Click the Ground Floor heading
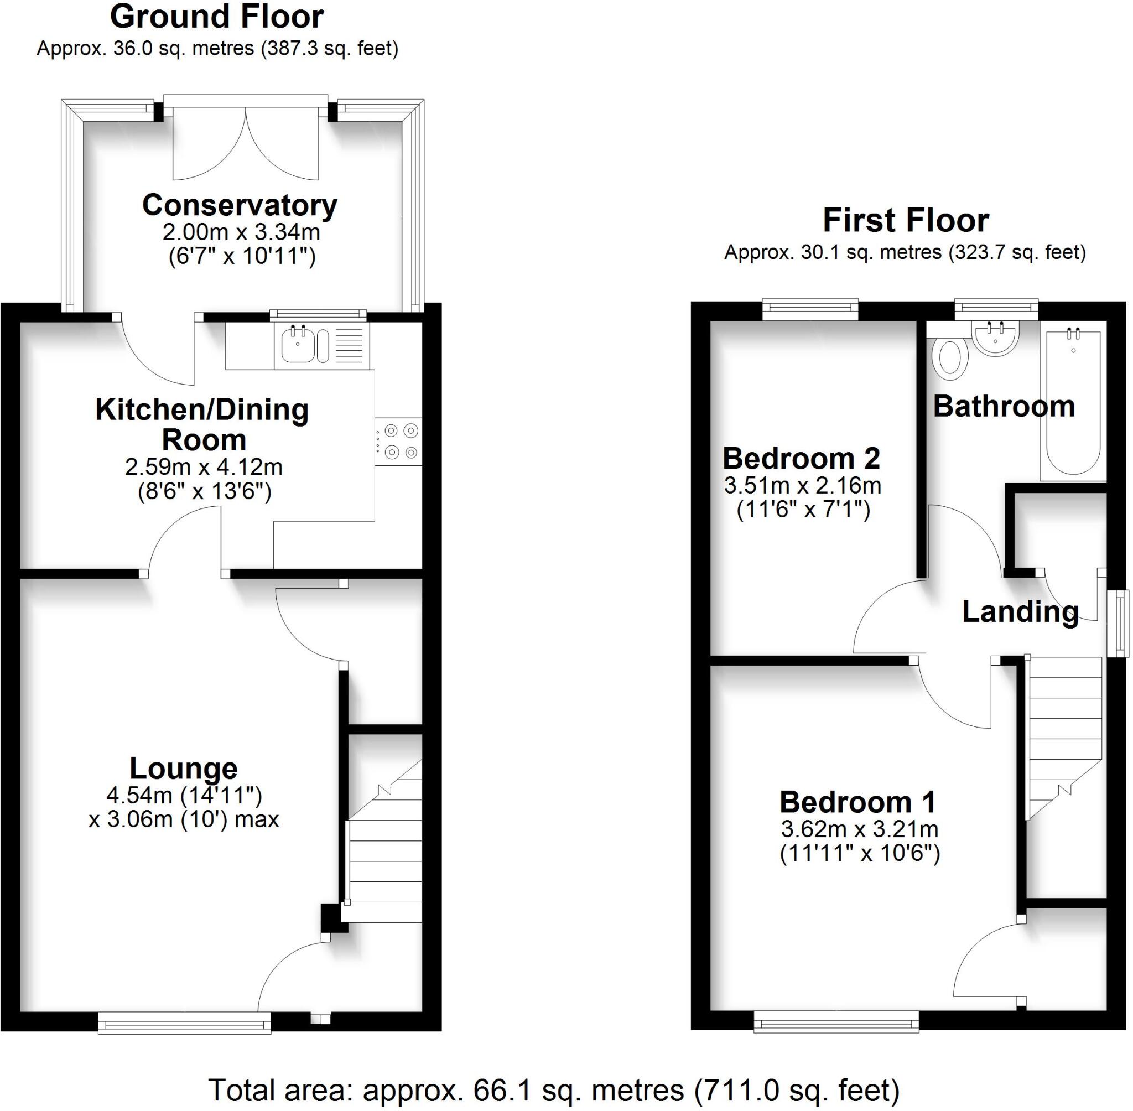216,18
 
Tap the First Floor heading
906,221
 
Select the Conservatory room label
240,205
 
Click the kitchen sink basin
298,346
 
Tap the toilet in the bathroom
950,356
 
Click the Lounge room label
183,769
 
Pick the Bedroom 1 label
857,802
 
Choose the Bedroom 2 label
801,459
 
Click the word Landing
1020,611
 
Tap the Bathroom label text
1004,406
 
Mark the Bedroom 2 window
810,309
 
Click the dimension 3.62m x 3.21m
859,829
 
